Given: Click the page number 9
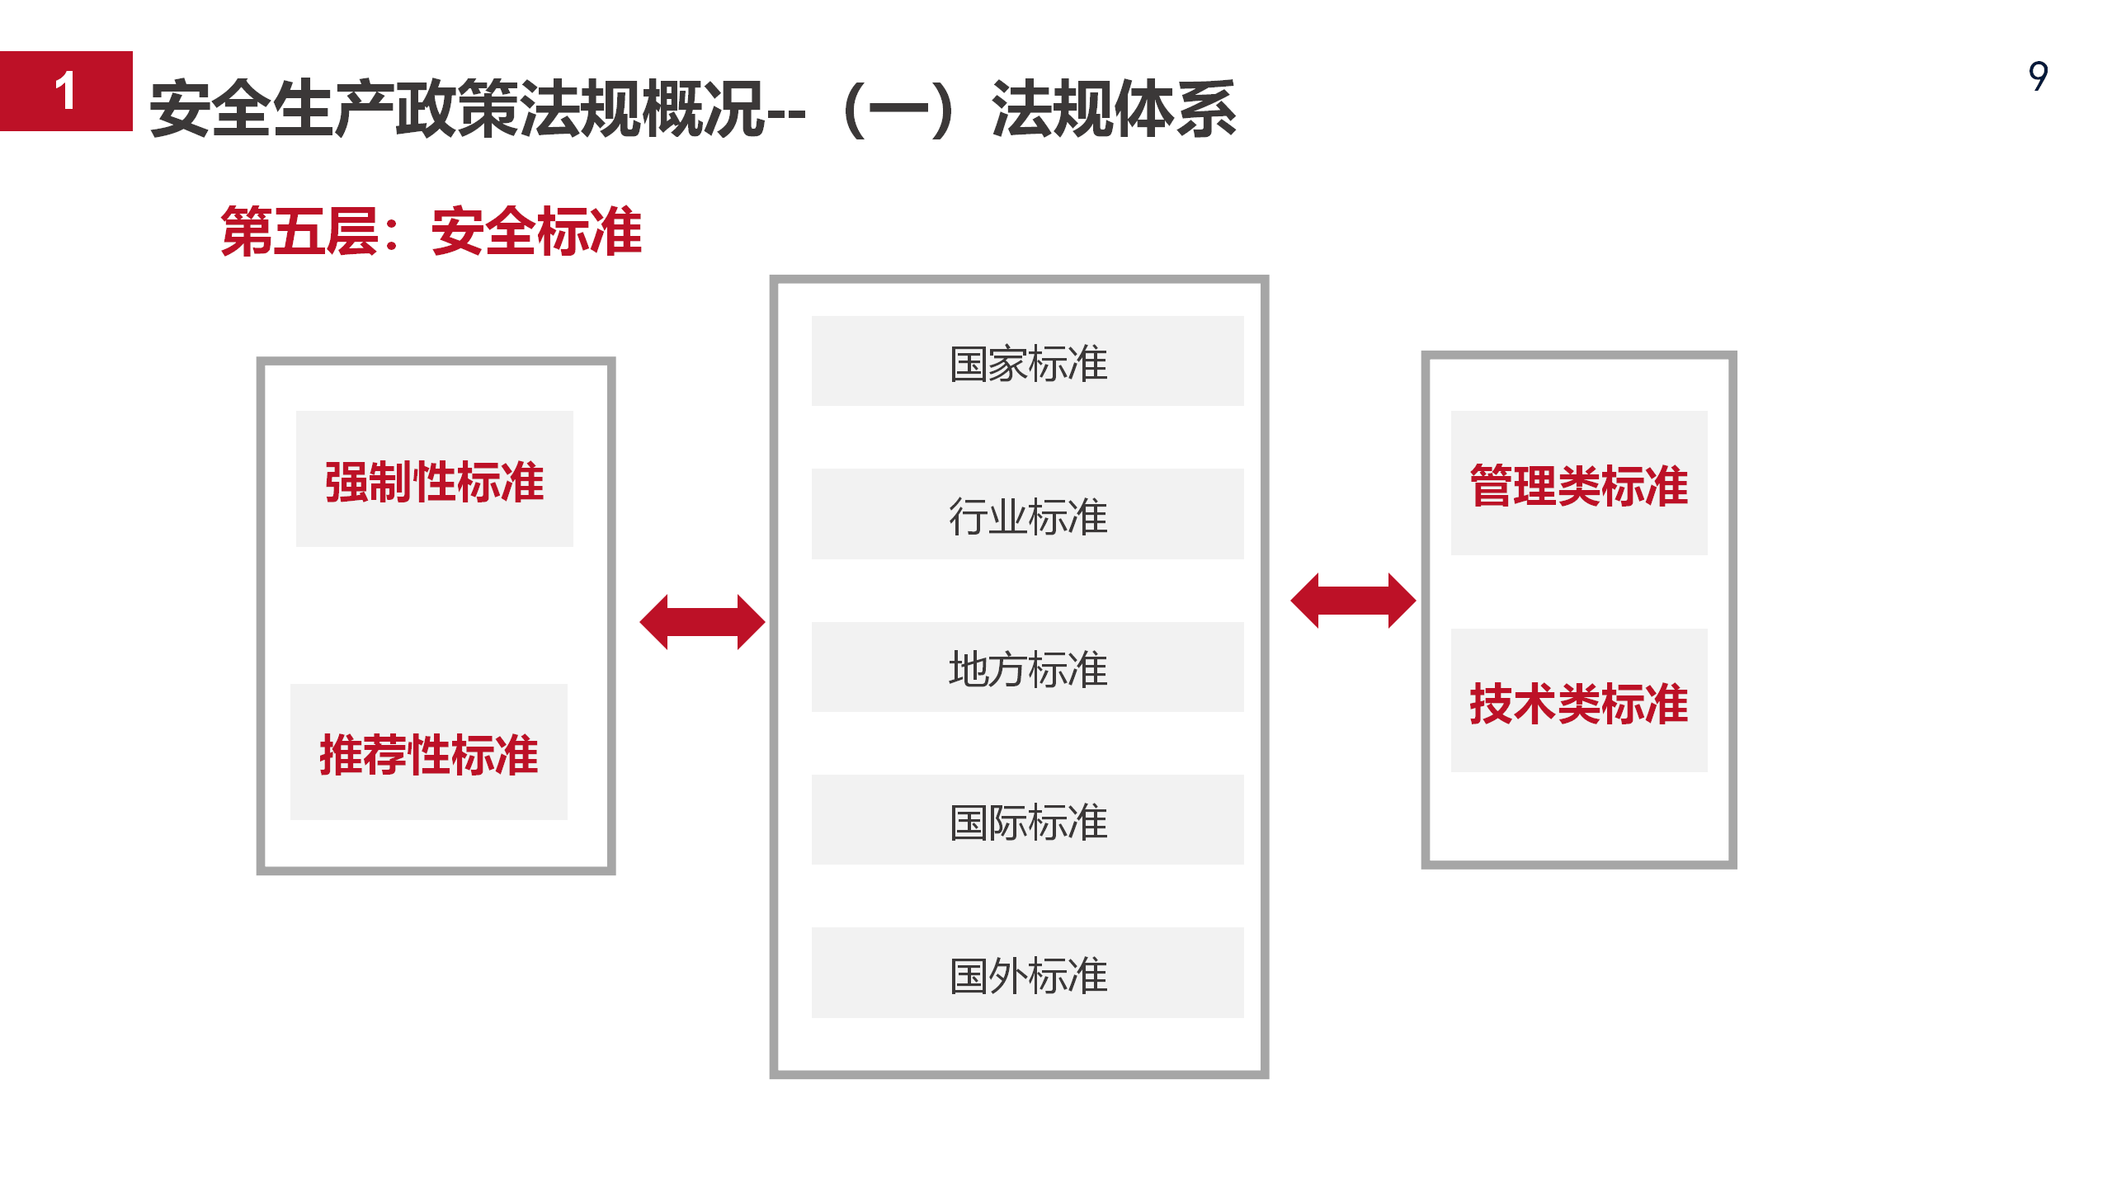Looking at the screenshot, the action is tap(2038, 76).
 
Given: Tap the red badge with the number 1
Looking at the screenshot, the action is tap(66, 91).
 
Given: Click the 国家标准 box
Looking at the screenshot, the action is tap(1027, 361).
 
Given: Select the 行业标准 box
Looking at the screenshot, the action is tap(1027, 514).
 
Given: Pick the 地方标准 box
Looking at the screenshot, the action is tap(1027, 667).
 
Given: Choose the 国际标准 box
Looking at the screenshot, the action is tap(1027, 819).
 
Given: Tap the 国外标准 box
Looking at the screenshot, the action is tap(1027, 973).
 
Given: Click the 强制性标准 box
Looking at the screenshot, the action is tap(434, 478).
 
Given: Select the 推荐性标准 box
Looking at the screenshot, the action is tap(429, 752).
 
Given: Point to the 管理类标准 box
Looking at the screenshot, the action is tap(1579, 483).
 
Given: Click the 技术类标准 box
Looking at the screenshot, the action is tap(1579, 700).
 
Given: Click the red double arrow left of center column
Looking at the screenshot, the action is tap(702, 622).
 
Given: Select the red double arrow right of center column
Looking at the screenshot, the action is tap(1353, 601).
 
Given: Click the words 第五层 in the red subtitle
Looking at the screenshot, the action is tap(299, 232).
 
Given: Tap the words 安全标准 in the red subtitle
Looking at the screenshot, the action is tap(536, 232).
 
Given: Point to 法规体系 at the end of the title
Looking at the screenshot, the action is tap(1114, 109).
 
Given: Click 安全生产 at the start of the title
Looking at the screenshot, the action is tap(272, 109).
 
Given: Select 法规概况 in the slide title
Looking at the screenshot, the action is tap(640, 109).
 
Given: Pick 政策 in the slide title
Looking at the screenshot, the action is tap(456, 109).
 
